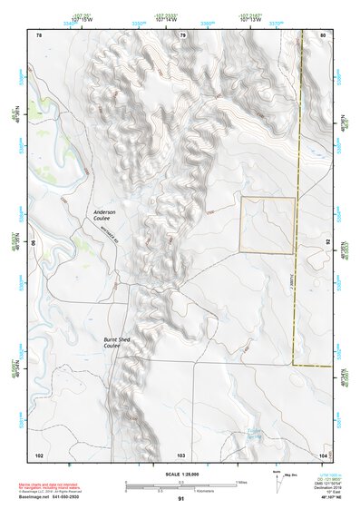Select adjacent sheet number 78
pos(39,35)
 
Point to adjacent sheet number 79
pos(182,35)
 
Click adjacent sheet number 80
pos(323,35)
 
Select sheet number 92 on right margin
pos(327,244)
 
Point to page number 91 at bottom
pos(180,499)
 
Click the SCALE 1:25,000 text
pos(180,475)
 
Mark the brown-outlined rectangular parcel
pos(267,225)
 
